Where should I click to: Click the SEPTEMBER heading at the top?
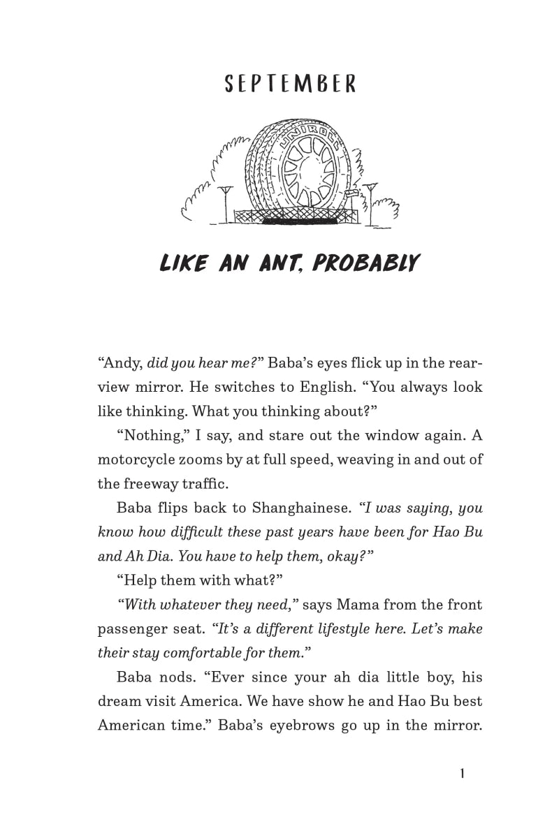point(290,84)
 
